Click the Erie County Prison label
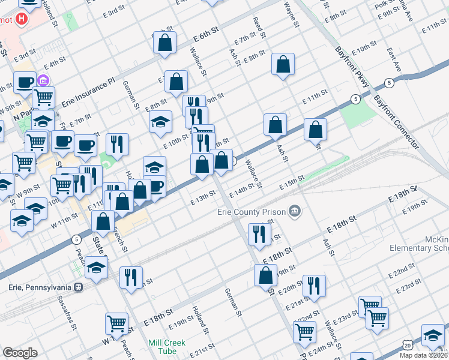coord(252,212)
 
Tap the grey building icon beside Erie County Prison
coord(295,211)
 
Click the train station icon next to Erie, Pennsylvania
coord(78,286)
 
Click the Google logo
coord(20,353)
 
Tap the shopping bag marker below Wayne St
coord(283,65)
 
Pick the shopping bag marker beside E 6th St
coord(164,43)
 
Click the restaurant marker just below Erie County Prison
coord(259,235)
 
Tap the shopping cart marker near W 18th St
coord(116,324)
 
